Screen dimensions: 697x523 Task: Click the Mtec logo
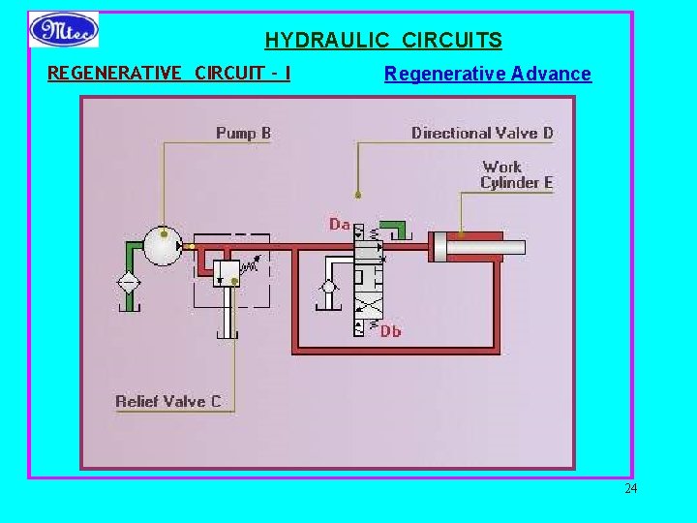point(64,29)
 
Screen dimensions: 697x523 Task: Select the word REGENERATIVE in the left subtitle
point(113,73)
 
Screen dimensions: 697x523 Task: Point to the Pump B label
point(243,133)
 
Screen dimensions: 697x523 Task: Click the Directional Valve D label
point(482,133)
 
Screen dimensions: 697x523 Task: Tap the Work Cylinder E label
point(516,174)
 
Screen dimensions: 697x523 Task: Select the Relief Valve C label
point(167,401)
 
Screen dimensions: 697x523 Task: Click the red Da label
point(339,225)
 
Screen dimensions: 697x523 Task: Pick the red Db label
point(390,331)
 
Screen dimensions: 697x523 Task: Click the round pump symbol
point(164,246)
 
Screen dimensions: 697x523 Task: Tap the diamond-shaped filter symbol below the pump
point(127,284)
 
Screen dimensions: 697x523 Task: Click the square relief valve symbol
point(227,273)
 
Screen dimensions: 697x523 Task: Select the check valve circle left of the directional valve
point(328,287)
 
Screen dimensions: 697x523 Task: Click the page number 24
point(630,488)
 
